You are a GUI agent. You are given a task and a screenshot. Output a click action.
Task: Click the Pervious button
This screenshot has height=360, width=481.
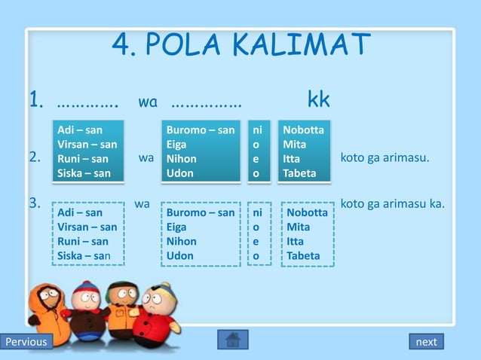click(26, 342)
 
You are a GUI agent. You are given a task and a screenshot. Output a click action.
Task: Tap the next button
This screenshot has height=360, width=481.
click(426, 342)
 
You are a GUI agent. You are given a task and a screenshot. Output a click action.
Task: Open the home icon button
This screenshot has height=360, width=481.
click(232, 340)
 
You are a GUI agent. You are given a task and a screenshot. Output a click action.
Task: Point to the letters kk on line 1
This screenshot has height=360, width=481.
click(318, 100)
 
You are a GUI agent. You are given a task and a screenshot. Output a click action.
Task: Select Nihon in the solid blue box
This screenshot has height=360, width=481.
click(182, 159)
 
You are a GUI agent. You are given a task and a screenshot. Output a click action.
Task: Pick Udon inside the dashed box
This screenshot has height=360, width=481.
click(180, 255)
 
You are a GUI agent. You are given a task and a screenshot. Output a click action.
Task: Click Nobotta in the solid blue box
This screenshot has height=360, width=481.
click(303, 130)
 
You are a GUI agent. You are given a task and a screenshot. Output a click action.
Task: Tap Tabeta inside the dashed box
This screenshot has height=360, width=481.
click(302, 255)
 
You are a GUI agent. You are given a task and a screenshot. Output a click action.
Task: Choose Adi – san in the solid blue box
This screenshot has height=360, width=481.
click(80, 130)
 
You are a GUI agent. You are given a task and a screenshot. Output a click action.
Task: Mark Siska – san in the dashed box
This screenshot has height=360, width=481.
click(84, 255)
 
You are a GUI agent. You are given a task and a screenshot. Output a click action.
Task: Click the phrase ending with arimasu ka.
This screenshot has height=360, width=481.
click(393, 203)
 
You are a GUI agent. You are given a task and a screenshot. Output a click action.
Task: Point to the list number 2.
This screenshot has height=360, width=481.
click(35, 158)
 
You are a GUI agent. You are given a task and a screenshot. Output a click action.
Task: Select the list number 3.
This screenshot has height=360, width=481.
click(35, 203)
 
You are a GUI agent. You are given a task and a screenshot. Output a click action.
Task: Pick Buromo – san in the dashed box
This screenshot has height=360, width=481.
click(201, 213)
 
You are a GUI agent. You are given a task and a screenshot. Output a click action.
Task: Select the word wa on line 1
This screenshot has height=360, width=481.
click(147, 101)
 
